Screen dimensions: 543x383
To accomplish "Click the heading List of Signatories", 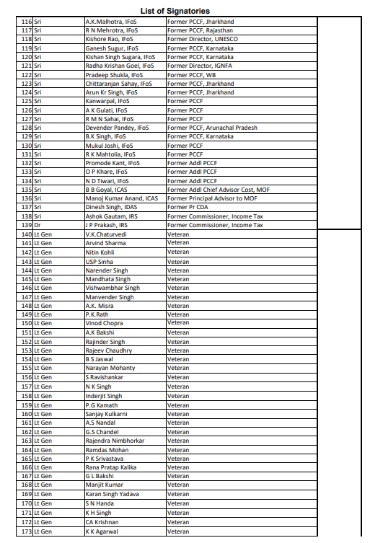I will click(185, 11).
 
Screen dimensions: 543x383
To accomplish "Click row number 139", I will click(27, 226).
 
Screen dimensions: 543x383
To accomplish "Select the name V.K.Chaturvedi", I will click(106, 234).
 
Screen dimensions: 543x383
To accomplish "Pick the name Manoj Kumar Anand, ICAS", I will click(121, 198).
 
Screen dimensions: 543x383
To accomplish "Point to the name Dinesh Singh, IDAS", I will click(111, 207).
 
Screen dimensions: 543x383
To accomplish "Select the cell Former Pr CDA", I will click(188, 207).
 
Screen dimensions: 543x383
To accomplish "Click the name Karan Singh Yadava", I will click(112, 494).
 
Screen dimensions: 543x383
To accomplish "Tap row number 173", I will click(27, 531).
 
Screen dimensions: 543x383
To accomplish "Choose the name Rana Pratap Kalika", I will click(112, 467).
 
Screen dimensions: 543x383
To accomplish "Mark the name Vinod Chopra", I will click(104, 323).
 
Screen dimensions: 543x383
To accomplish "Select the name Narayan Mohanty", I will click(110, 368).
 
